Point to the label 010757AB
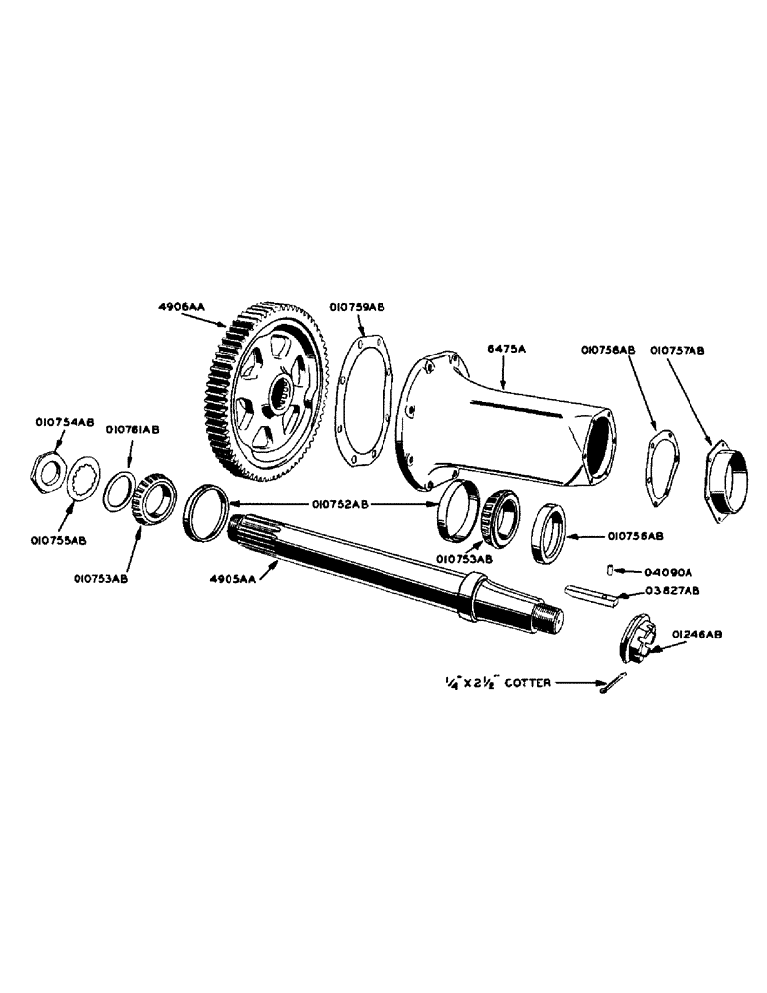(x=678, y=350)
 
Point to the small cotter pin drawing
(x=613, y=684)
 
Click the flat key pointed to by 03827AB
(x=591, y=593)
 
